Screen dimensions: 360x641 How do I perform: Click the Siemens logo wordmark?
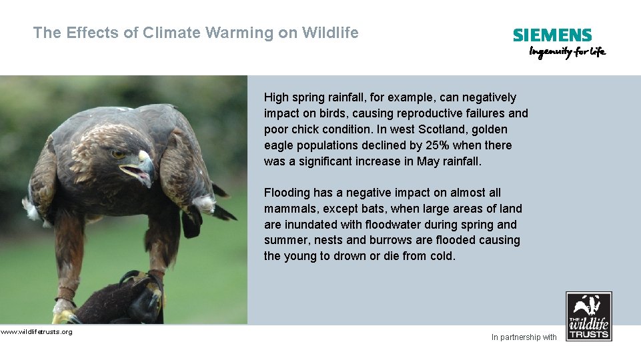click(x=552, y=35)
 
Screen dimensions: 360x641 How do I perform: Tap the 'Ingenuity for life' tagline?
click(x=567, y=52)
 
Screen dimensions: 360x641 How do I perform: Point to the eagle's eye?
click(x=119, y=154)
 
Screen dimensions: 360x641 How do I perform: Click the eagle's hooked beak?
click(x=145, y=163)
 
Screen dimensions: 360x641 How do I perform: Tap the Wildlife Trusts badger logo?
click(x=588, y=316)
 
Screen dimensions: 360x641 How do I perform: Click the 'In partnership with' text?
click(x=524, y=337)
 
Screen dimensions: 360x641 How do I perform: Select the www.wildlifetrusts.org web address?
click(x=36, y=331)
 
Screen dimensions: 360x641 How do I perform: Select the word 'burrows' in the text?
click(x=390, y=240)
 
